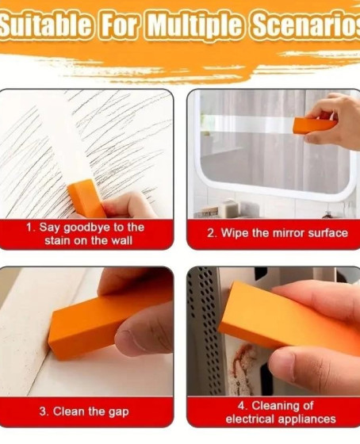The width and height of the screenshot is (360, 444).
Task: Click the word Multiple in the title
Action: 194,26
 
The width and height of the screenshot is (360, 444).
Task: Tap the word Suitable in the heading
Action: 45,26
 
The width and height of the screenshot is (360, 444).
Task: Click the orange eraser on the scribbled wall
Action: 86,198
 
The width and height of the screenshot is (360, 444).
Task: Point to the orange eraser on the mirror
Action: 314,125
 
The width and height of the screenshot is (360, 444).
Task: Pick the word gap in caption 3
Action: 119,412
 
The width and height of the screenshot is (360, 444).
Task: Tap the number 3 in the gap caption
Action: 43,411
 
